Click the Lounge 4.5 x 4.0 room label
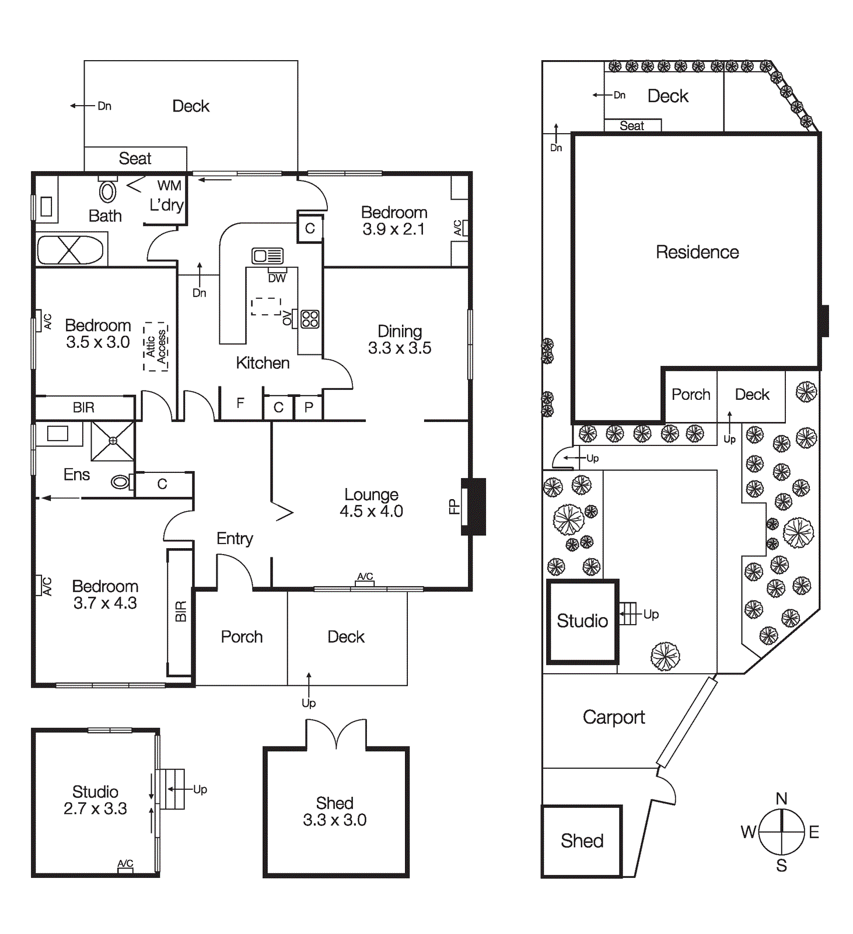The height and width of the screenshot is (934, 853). click(371, 503)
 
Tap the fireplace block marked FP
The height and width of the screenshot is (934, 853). click(474, 506)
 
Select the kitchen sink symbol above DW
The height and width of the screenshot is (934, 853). click(268, 256)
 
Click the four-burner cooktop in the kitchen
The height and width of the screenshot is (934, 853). click(310, 319)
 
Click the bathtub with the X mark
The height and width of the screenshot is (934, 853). click(70, 250)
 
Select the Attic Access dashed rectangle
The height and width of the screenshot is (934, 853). click(156, 346)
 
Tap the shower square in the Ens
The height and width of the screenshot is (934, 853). click(113, 441)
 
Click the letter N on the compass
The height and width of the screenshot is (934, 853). click(781, 798)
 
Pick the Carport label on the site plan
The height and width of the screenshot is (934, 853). click(614, 717)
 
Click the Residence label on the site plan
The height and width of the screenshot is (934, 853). click(697, 252)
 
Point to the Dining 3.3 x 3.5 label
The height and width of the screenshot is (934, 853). click(400, 339)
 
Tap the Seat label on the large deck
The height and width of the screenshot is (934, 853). click(135, 159)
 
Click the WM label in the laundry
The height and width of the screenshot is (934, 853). click(169, 186)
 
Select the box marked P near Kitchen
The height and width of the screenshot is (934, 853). click(309, 407)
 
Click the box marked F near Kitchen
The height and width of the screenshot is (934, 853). click(240, 403)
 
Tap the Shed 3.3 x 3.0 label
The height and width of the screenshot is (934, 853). click(335, 811)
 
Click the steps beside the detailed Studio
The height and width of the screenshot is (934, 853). click(173, 789)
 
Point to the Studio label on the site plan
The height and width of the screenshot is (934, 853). click(582, 621)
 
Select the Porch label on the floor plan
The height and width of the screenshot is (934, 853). click(242, 637)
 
